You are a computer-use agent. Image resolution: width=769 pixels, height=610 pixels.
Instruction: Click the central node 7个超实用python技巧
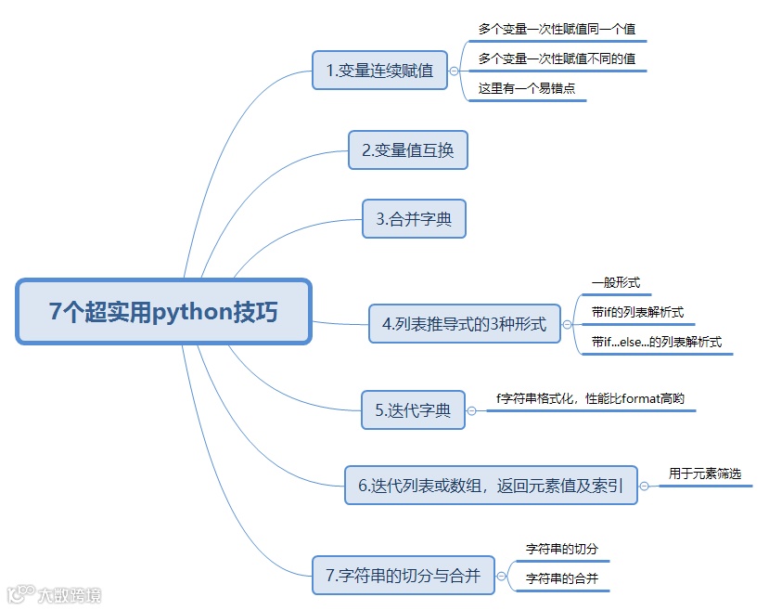(x=163, y=312)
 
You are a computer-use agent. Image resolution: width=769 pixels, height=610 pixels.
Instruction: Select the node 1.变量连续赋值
(x=380, y=71)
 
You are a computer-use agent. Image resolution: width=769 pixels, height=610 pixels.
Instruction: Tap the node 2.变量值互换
(x=408, y=149)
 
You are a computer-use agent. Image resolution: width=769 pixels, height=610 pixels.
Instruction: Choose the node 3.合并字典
(x=414, y=219)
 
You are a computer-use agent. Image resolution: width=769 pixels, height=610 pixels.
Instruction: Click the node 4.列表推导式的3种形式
(x=464, y=324)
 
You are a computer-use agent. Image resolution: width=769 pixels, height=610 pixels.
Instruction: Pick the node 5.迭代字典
(x=413, y=409)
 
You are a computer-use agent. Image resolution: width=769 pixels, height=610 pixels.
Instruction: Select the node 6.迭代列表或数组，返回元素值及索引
(x=491, y=485)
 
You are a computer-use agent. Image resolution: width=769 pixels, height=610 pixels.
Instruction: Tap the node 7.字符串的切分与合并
(x=404, y=576)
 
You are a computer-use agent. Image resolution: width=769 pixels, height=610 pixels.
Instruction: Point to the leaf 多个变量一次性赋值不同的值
(x=558, y=59)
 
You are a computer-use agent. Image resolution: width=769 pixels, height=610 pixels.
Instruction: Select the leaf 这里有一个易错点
(x=527, y=90)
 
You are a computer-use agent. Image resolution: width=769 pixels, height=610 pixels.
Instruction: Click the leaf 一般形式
(x=615, y=281)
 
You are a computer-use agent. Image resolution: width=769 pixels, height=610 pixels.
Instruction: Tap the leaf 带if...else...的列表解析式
(x=656, y=342)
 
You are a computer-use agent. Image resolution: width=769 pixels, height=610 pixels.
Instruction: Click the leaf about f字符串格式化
(x=590, y=399)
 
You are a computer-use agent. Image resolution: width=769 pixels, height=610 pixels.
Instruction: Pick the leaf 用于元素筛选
(x=705, y=474)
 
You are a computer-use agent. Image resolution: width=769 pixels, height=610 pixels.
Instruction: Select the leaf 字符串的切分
(x=562, y=549)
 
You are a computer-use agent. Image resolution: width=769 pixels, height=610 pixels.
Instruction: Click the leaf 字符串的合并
(x=562, y=578)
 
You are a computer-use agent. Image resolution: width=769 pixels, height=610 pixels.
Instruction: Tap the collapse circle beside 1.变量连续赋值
(x=454, y=71)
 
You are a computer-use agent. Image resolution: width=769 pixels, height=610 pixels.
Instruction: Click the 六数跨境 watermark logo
(x=54, y=594)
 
